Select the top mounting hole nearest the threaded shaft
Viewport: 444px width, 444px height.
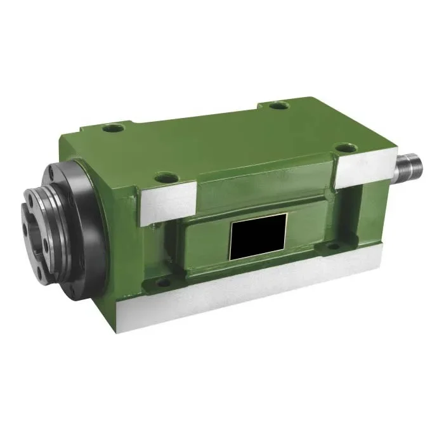[344, 148]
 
